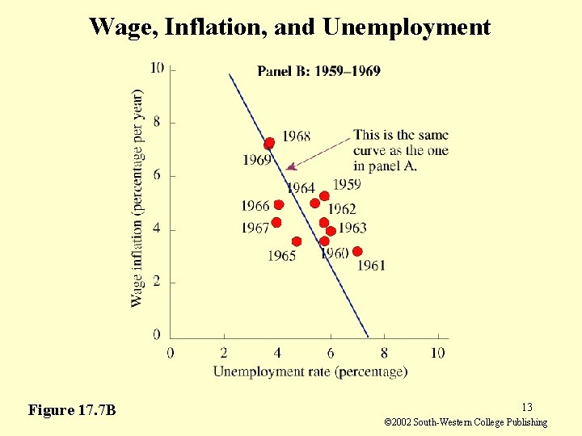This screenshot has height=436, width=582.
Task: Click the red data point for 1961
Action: pyautogui.click(x=357, y=251)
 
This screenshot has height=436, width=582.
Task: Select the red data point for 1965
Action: pyautogui.click(x=297, y=241)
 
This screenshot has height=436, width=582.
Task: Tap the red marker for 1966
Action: pyautogui.click(x=279, y=205)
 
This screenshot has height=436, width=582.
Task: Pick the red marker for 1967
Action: pyautogui.click(x=276, y=223)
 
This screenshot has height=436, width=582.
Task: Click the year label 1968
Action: pyautogui.click(x=296, y=136)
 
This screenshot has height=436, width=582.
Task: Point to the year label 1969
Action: pyautogui.click(x=256, y=160)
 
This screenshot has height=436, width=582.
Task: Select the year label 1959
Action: pyautogui.click(x=346, y=185)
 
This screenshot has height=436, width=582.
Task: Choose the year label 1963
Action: pyautogui.click(x=352, y=228)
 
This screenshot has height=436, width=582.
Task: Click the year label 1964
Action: pyautogui.click(x=300, y=188)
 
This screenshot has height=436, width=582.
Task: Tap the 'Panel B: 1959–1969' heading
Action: pyautogui.click(x=318, y=71)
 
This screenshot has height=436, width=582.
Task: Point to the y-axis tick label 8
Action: pyautogui.click(x=157, y=122)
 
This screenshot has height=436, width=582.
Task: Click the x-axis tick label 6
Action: pyautogui.click(x=331, y=353)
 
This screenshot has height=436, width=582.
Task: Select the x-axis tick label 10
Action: pyautogui.click(x=437, y=353)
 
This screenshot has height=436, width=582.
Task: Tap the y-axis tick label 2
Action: pyautogui.click(x=157, y=282)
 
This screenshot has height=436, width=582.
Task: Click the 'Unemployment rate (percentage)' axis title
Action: pyautogui.click(x=310, y=371)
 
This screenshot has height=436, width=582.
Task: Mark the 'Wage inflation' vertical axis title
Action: pyautogui.click(x=137, y=198)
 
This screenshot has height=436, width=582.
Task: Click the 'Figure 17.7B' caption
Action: pyautogui.click(x=72, y=410)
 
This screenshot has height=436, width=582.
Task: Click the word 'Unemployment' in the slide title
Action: pyautogui.click(x=407, y=27)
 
